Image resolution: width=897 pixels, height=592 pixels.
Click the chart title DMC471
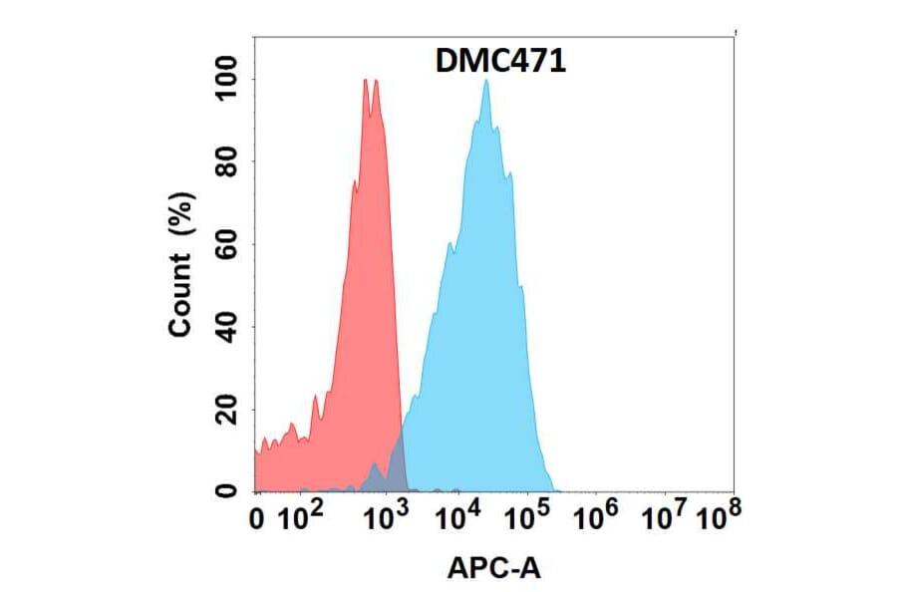[501, 62]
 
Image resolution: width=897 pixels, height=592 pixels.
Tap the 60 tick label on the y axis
[227, 244]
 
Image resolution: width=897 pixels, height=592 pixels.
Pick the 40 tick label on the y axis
[227, 327]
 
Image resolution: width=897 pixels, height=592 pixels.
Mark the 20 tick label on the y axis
[227, 409]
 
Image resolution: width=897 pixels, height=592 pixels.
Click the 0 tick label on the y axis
[227, 490]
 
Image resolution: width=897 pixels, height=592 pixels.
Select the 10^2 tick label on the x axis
[300, 517]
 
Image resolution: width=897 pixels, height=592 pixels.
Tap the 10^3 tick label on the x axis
[385, 517]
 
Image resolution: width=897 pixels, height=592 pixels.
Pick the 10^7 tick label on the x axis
[666, 517]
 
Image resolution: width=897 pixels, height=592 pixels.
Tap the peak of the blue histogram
[485, 81]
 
